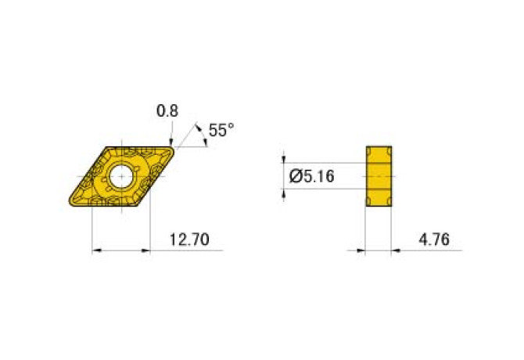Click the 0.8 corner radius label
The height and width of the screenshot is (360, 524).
pos(167,111)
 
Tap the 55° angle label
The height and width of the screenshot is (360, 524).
pos(221,130)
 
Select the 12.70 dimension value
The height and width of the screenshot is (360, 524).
pos(189,239)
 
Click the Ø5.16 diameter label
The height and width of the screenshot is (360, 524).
pos(311,177)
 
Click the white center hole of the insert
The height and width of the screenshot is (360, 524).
pos(121,176)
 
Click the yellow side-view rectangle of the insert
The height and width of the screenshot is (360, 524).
pos(379,177)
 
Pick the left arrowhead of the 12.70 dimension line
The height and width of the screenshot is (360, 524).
pos(98,250)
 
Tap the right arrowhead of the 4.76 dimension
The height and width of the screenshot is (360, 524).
pos(396,250)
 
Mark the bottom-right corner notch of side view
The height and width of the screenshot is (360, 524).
pos(390,207)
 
